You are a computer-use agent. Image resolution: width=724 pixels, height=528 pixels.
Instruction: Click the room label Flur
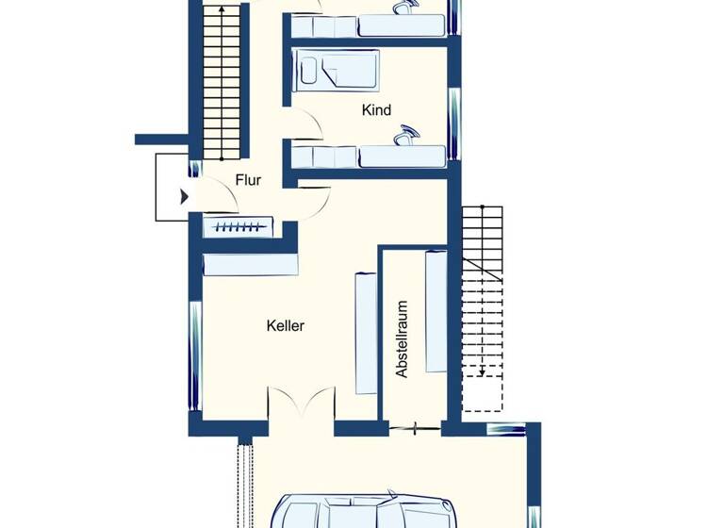click(x=248, y=180)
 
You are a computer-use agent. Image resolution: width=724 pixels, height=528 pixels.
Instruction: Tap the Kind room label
click(x=376, y=110)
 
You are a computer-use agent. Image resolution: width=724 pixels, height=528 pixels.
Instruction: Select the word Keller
click(x=285, y=325)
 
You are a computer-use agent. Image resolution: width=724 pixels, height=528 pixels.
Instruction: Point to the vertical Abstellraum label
click(x=403, y=339)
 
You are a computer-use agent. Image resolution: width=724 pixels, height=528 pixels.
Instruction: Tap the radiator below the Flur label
click(x=238, y=226)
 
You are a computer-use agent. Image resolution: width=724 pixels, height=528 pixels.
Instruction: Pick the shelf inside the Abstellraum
click(x=436, y=311)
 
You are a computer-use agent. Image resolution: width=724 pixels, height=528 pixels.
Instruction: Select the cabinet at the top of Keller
click(x=251, y=263)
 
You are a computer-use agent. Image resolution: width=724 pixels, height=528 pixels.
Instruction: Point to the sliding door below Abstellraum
click(x=415, y=429)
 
